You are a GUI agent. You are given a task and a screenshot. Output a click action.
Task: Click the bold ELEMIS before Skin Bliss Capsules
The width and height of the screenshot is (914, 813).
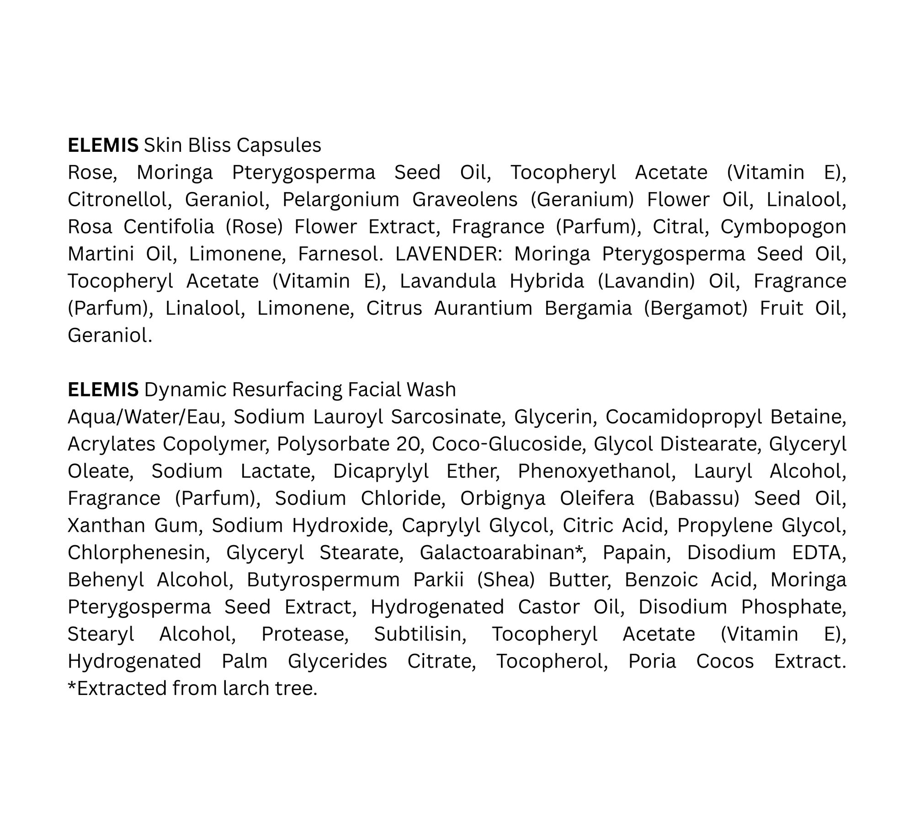tap(103, 145)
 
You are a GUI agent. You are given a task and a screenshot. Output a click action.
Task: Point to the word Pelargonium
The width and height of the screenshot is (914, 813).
tap(340, 199)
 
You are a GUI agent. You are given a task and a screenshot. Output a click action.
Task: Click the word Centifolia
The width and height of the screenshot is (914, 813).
tap(169, 227)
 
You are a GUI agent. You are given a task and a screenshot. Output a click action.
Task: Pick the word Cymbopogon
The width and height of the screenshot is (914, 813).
tap(783, 227)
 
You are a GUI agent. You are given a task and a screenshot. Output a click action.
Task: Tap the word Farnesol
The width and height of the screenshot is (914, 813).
tap(340, 254)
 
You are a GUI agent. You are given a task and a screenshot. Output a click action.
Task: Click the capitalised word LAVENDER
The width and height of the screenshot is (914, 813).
tap(448, 254)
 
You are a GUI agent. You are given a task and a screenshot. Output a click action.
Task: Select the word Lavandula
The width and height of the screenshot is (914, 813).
tap(448, 281)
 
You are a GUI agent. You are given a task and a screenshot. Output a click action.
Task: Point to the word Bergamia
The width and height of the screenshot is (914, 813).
tap(588, 308)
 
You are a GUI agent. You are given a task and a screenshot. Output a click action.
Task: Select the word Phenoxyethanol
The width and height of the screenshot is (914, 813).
tap(596, 471)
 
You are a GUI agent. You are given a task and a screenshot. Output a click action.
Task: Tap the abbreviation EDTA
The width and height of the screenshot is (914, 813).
tap(819, 552)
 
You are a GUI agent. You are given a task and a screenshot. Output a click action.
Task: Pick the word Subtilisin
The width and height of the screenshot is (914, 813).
tap(420, 634)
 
